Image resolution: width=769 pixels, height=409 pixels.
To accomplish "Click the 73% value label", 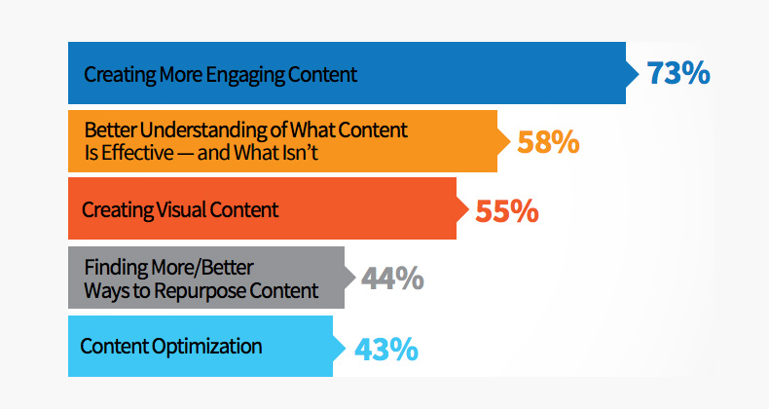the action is [678, 73].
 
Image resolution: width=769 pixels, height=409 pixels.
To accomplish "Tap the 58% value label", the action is [548, 142].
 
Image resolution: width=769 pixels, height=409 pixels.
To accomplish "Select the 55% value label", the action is [507, 211].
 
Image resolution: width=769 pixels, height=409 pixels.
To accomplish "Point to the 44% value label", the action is [392, 279].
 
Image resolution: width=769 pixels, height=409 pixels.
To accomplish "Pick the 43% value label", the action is [386, 350].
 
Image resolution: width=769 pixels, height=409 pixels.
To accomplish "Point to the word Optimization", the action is [206, 347].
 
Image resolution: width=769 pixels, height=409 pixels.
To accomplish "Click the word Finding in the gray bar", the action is [116, 268].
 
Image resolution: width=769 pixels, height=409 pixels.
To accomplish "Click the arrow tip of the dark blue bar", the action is [639, 73].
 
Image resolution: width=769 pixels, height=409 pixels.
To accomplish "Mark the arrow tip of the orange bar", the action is [510, 141].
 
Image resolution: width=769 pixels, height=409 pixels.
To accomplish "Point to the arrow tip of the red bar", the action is [469, 209].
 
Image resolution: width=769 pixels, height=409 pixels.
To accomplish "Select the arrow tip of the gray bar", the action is [355, 278].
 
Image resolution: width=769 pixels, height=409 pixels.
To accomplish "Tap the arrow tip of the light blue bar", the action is [346, 347].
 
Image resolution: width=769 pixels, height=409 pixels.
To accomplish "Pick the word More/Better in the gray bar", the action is [202, 268].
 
